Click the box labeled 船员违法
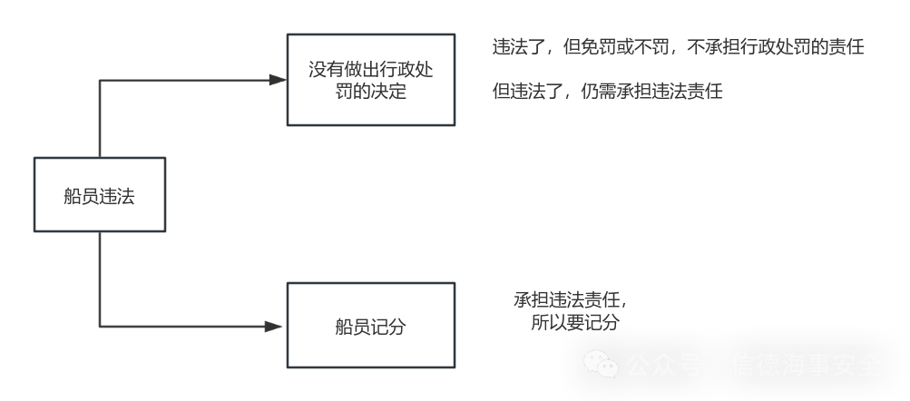click(x=100, y=194)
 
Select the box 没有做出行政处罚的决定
click(x=371, y=80)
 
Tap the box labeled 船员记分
click(x=371, y=325)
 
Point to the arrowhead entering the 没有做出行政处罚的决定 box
click(x=275, y=80)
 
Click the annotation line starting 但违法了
click(x=607, y=92)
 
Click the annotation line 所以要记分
click(x=575, y=322)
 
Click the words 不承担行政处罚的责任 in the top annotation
click(x=778, y=48)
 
